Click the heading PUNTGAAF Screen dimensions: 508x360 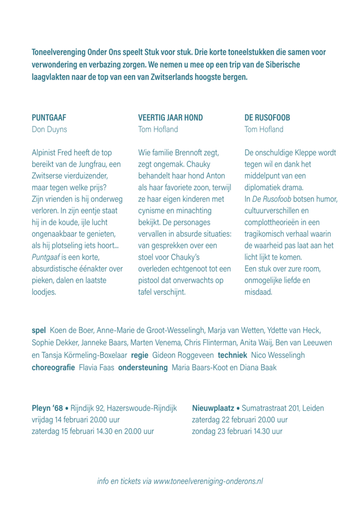pos(49,118)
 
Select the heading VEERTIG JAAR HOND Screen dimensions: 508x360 pos(170,118)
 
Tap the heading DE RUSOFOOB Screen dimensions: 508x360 pos(267,118)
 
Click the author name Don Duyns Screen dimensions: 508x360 pos(49,129)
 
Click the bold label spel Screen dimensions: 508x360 pos(39,330)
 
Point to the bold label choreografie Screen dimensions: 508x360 pos(53,368)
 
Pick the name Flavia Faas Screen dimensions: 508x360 pos(96,368)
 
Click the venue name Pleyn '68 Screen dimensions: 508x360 pos(47,409)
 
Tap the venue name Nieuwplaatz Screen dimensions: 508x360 pos(213,409)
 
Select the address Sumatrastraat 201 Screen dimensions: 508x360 pos(273,409)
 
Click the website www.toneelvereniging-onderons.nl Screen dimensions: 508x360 pos(208,481)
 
